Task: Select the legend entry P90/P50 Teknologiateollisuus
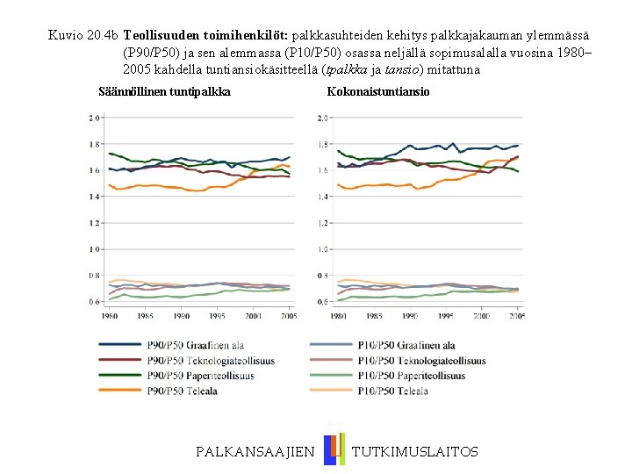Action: coord(211,361)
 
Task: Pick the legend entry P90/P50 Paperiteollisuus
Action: coord(201,376)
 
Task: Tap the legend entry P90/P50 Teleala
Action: coord(183,391)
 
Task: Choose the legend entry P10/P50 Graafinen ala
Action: coord(406,346)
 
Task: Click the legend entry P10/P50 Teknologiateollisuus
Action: coord(421,361)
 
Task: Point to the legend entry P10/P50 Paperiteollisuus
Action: coord(411,376)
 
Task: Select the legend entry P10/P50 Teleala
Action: coord(393,391)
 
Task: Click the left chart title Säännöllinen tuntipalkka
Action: coord(165,91)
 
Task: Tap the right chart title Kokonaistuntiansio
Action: coord(378,91)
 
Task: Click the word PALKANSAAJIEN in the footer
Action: coord(255,451)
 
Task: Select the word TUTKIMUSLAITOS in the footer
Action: coord(415,451)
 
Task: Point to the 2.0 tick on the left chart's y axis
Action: coord(93,118)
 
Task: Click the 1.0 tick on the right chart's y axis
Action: coord(322,249)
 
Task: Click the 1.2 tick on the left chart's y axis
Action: coord(93,223)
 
